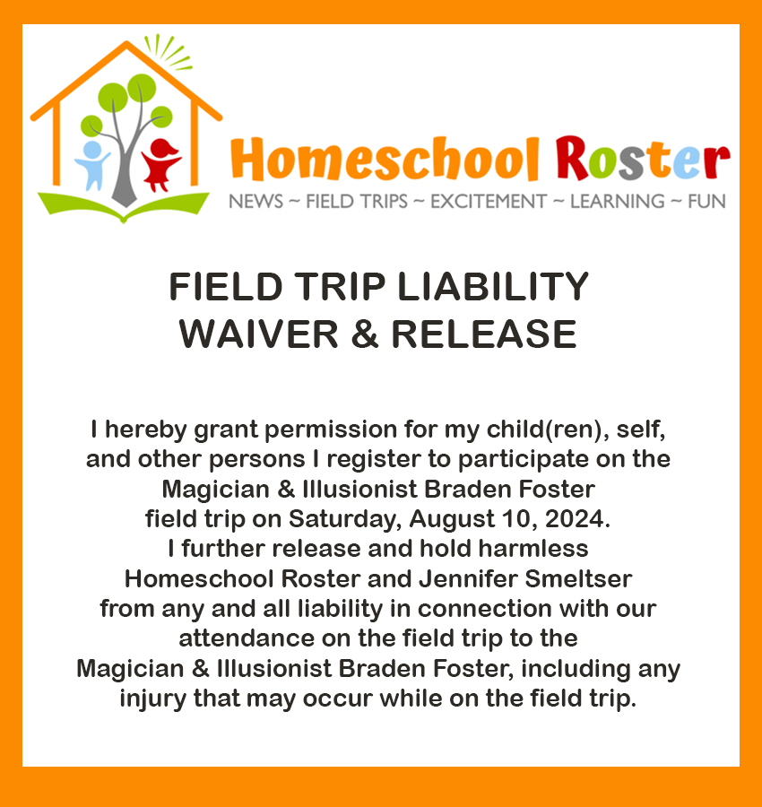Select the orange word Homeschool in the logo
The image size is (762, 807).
pos(385,158)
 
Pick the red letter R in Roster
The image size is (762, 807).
pos(572,158)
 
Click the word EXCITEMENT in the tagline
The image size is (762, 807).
pos(489,201)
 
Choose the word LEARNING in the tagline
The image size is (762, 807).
pos(617,201)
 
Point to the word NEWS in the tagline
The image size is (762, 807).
pos(255,201)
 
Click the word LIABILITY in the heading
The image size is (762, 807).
pos(493,287)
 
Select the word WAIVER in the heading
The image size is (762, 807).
pos(258,334)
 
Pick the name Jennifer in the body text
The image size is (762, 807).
pos(467,578)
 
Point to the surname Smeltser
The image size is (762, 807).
pos(578,578)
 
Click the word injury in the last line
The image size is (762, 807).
pos(152,699)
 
